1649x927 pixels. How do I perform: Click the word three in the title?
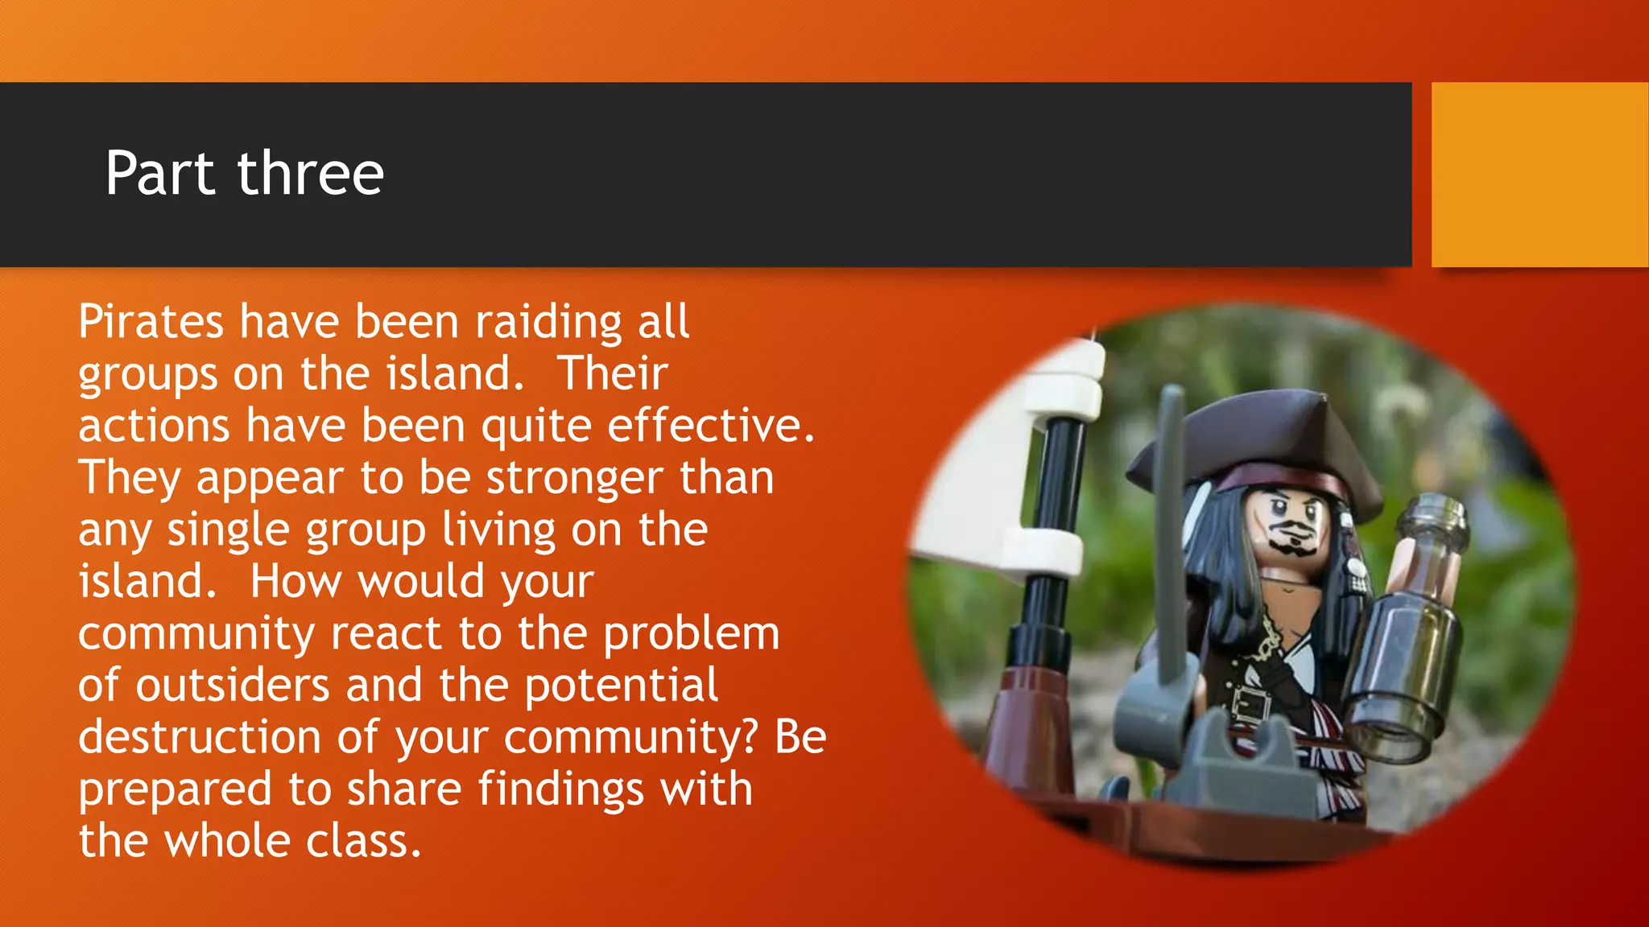tap(310, 174)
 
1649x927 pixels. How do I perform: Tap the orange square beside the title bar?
tap(1539, 174)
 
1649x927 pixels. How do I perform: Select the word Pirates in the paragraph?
tap(151, 322)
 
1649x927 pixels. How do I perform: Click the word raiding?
tap(548, 323)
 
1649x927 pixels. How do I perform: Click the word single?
tap(228, 531)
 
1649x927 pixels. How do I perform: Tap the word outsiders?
tap(232, 686)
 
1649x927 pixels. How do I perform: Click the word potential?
tap(622, 687)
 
